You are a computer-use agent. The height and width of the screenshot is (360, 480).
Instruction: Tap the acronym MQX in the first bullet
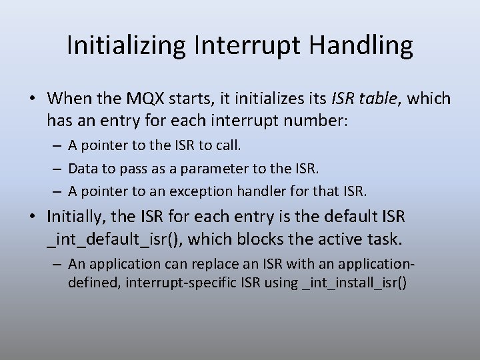pos(149,99)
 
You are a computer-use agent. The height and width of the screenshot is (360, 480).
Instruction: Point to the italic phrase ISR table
pos(363,99)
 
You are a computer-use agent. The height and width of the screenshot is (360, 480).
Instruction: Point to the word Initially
pos(71,217)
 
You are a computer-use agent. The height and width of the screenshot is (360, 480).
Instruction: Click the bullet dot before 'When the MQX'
pos(33,99)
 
